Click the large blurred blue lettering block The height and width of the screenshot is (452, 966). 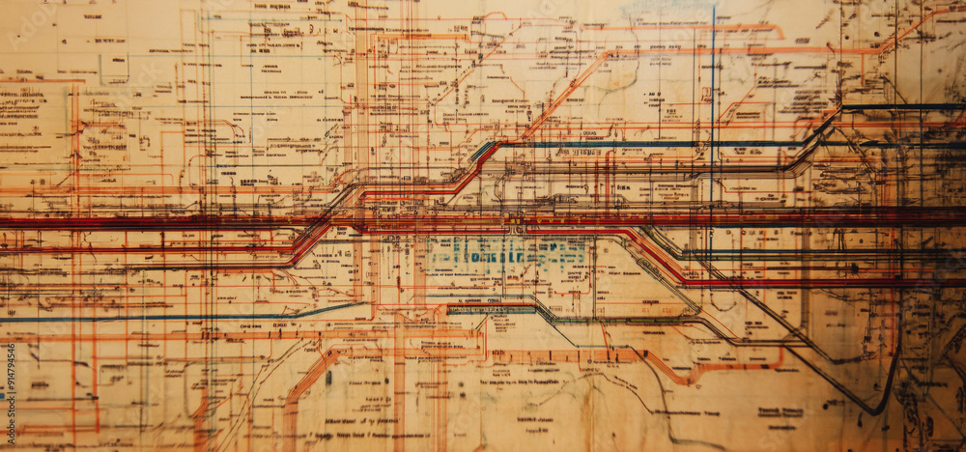pyautogui.click(x=509, y=254)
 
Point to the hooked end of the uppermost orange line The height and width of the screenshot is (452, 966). pyautogui.click(x=779, y=34)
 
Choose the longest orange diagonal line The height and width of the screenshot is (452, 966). pyautogui.click(x=560, y=97)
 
